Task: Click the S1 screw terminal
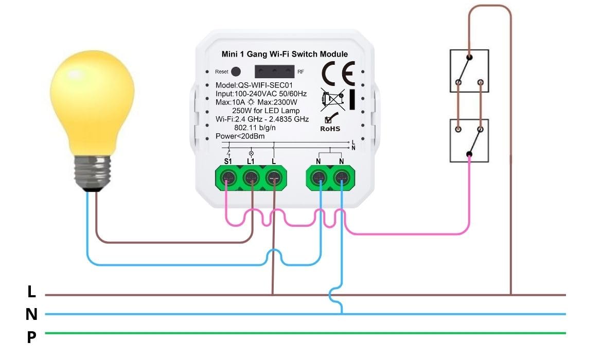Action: pos(228,178)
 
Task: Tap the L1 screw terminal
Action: pos(251,178)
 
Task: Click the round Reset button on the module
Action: pos(236,71)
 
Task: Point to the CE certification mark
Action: pos(338,74)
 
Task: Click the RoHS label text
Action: pos(330,129)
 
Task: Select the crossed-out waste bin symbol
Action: pos(332,100)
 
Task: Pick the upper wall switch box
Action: pos(469,70)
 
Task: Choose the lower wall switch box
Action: pos(469,140)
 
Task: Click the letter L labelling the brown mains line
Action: pos(31,292)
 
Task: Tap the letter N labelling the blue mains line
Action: pos(31,314)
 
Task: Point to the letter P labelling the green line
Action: pos(31,337)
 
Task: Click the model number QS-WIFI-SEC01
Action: pos(265,85)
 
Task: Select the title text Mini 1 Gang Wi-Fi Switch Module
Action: pos(285,54)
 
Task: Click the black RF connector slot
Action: pos(275,71)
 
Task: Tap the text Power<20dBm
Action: pos(240,136)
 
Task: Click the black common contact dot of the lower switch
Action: pos(469,154)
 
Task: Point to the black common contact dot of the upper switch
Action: pos(469,58)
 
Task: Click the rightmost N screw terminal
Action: pos(341,178)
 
